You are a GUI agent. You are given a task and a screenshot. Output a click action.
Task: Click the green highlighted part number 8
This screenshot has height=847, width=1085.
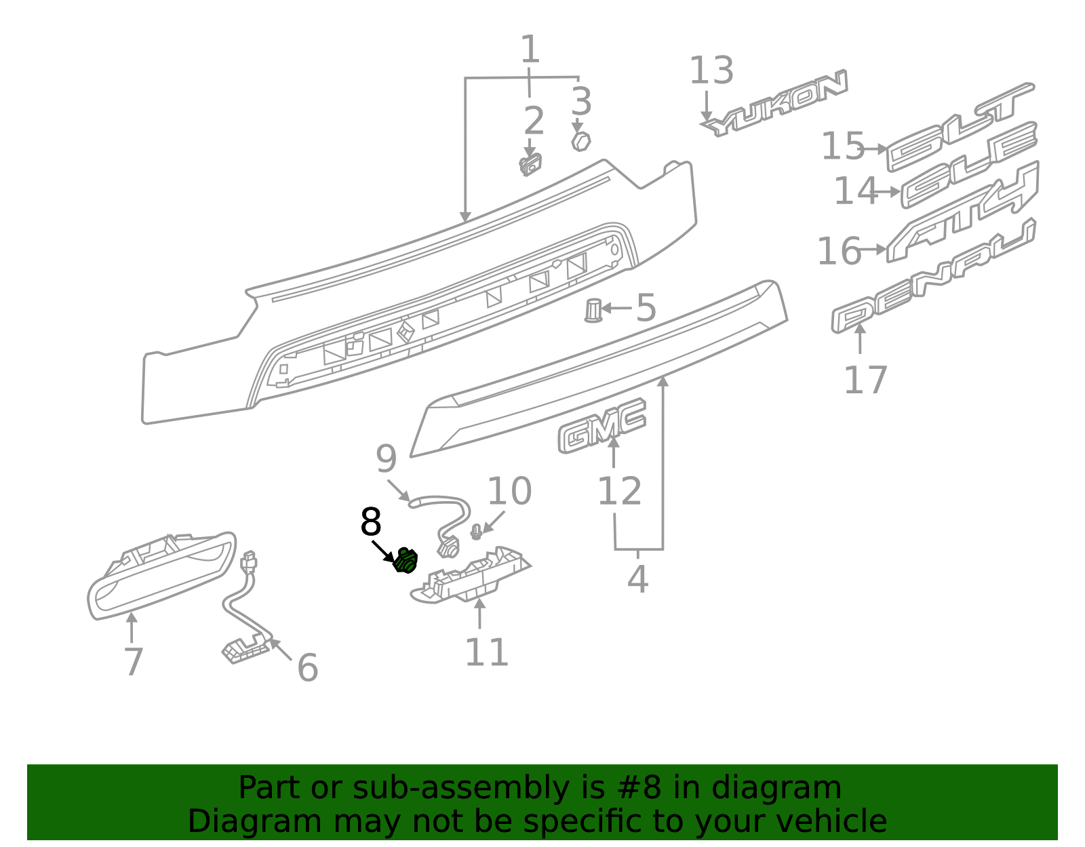(x=406, y=560)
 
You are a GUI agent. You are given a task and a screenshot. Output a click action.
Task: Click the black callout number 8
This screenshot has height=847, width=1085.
(x=371, y=523)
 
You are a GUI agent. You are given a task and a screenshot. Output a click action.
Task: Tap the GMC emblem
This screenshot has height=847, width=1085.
(x=601, y=426)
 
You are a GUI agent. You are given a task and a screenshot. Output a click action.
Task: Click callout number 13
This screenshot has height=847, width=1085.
(x=711, y=71)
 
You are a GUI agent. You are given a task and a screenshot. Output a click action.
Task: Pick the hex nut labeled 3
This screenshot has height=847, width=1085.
(x=580, y=142)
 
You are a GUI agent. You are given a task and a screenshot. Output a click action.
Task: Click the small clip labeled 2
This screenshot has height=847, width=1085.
(x=530, y=165)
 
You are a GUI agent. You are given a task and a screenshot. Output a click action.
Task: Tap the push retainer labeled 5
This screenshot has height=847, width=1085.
(x=593, y=311)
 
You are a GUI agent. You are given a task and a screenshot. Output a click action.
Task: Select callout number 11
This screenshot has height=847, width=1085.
(x=486, y=652)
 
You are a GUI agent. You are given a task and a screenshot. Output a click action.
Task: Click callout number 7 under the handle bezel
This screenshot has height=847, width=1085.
(x=134, y=662)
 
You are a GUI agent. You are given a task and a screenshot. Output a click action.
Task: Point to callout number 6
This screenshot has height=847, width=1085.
(x=307, y=668)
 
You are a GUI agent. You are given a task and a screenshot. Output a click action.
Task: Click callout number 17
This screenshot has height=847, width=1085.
(x=865, y=380)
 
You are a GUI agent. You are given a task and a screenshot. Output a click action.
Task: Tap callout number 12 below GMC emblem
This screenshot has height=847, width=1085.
(x=619, y=492)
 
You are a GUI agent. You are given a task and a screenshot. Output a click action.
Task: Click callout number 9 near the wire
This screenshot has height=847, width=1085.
(x=386, y=460)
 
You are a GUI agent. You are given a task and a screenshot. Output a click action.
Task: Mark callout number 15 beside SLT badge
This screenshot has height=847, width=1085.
(x=843, y=146)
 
